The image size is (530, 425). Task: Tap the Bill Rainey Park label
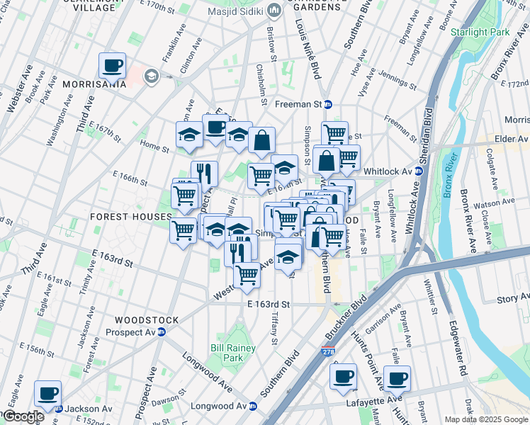coord(227,353)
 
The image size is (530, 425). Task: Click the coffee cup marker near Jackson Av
coord(47,393)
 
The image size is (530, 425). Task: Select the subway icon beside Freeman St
coord(328,104)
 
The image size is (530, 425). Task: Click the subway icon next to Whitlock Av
coord(420,171)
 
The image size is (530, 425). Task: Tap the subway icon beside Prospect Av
coord(162,332)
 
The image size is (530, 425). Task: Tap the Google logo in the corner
coord(23,416)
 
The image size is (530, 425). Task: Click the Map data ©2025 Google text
coord(485,419)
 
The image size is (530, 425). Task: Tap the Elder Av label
coord(510,139)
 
